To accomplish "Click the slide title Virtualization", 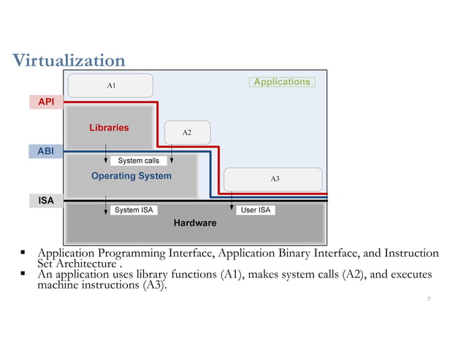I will coord(69,60).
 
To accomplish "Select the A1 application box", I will coord(111,85).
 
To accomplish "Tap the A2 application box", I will coord(187,132).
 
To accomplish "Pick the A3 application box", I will coord(274,178).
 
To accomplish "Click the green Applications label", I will coord(282,82).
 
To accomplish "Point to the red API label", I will coord(46,102).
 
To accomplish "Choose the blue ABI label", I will coord(46,151).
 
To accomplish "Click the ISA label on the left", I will coord(46,199).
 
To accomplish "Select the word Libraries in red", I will coord(109,128).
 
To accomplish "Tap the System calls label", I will coord(138,161).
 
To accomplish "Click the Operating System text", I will coord(131,176).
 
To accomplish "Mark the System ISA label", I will coord(134,210).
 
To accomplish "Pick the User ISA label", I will coord(254,210).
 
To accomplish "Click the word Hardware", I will coord(195,223).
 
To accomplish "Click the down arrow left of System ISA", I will coord(107,207).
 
